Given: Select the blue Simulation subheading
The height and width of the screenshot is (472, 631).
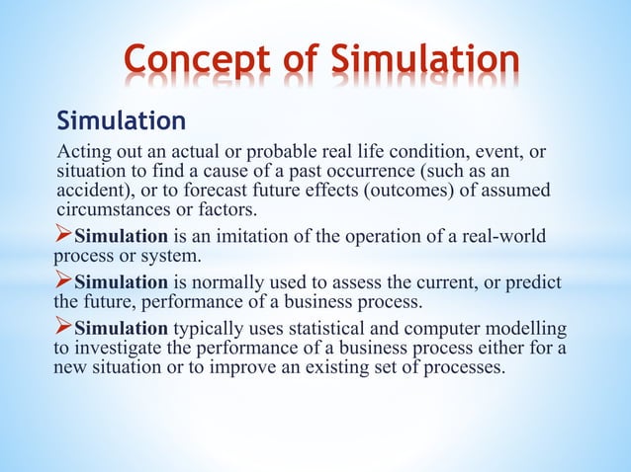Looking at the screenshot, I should click(x=122, y=121).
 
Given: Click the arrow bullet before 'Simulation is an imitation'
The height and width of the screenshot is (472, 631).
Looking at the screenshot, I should click(x=63, y=237).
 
